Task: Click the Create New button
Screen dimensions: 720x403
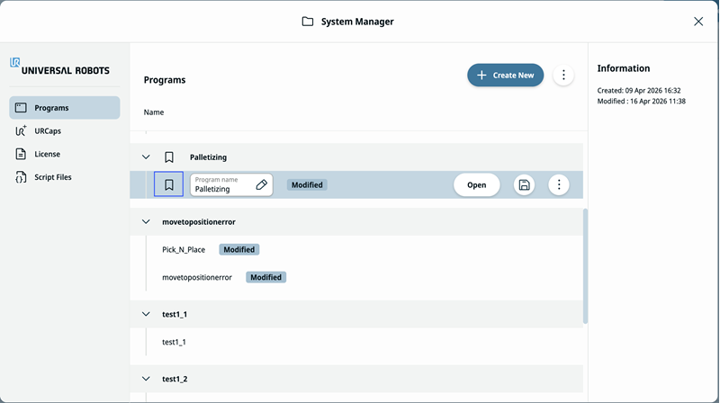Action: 505,76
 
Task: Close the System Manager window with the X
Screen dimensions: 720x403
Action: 698,22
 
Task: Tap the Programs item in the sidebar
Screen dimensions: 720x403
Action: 64,108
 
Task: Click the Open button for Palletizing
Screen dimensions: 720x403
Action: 477,185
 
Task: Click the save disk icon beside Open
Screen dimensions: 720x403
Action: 524,185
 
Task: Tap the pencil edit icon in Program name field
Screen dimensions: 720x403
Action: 261,185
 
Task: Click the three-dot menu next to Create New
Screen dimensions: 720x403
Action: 563,76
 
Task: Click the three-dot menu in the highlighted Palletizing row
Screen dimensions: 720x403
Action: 559,185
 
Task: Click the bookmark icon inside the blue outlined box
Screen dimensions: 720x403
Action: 168,184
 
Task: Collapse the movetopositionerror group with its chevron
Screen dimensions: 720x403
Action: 146,221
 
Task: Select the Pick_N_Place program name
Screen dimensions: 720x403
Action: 184,250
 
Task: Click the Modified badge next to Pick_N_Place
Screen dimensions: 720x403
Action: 238,250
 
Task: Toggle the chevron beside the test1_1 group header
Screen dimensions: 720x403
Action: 146,315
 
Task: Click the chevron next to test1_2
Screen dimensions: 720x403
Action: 146,379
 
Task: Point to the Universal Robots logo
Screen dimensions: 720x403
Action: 59,67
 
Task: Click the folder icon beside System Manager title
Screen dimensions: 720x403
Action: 308,22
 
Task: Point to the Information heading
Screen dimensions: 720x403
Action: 624,68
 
